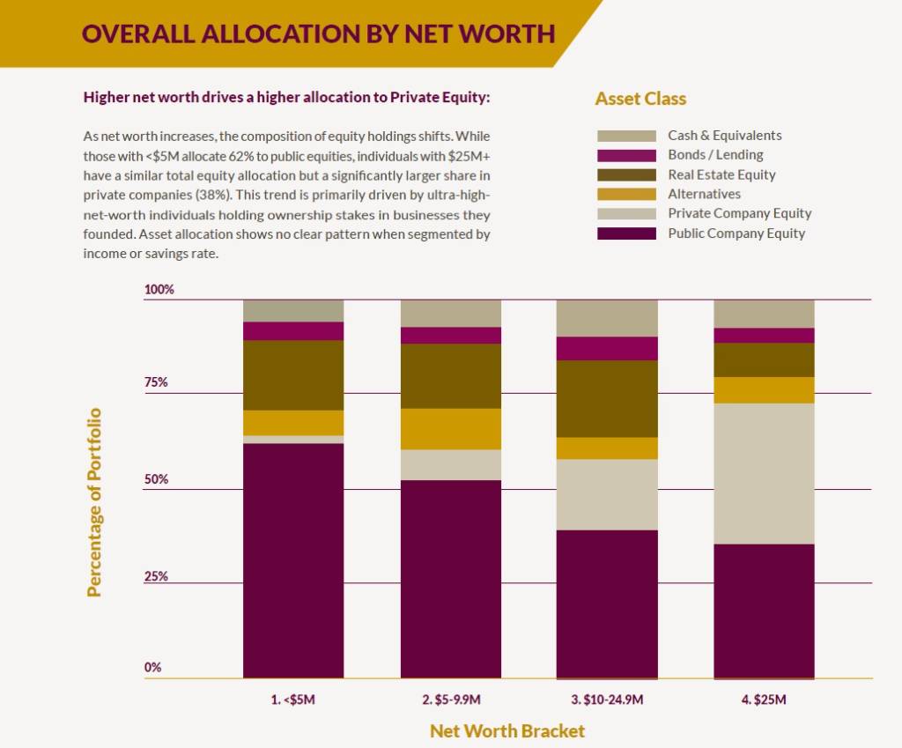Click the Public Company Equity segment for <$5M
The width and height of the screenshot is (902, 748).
point(293,560)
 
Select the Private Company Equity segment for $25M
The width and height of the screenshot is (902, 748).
point(764,473)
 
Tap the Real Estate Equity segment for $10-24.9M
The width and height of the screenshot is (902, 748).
point(607,398)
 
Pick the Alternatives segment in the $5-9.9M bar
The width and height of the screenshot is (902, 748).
point(451,429)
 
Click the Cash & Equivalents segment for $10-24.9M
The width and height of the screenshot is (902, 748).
point(607,318)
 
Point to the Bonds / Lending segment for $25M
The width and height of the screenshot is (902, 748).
point(764,336)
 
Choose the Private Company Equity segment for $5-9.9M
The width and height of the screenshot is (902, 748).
point(451,464)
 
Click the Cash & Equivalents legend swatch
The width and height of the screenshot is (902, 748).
point(626,136)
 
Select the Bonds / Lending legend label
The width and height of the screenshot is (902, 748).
point(715,155)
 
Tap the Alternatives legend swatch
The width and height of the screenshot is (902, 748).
point(626,194)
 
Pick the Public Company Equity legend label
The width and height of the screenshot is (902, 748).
point(736,233)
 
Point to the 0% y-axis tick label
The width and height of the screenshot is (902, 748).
point(153,667)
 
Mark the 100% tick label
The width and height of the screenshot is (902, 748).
point(159,289)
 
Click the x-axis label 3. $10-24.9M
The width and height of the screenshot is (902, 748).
point(607,700)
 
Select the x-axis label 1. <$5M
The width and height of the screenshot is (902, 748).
point(293,700)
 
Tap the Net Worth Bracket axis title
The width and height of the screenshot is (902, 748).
point(507,730)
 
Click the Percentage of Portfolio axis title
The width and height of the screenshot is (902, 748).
point(94,502)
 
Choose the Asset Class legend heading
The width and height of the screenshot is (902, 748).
point(640,99)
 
